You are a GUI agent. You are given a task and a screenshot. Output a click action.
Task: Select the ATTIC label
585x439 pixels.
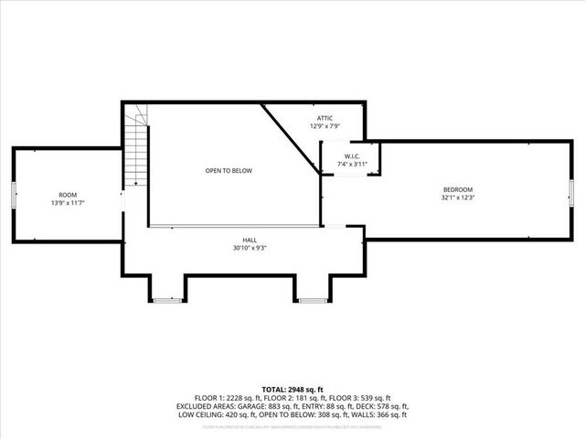(325, 118)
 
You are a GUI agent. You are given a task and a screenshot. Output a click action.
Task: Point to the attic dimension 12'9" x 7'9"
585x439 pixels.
(325, 126)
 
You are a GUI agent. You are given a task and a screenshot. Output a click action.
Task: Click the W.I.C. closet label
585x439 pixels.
(352, 156)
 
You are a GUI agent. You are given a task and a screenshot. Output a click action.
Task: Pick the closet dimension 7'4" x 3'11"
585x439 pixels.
(352, 165)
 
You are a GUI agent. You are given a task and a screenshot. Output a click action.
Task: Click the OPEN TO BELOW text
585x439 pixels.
(229, 171)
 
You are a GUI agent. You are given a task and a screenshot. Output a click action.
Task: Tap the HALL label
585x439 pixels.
(250, 239)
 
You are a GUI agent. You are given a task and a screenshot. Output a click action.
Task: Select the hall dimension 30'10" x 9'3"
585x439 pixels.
(250, 247)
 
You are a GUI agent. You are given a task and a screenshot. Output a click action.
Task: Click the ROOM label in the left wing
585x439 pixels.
(68, 194)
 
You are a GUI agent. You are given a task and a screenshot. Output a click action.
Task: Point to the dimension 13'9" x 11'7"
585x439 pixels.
(68, 202)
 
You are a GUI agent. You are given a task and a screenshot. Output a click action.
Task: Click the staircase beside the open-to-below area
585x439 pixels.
(136, 146)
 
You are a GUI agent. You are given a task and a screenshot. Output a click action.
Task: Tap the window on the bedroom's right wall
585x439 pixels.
(570, 195)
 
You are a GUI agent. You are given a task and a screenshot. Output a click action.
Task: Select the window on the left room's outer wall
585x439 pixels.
(13, 195)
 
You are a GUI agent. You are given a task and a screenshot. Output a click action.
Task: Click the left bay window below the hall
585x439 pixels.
(167, 299)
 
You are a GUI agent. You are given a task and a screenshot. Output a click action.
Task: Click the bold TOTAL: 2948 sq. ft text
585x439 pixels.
(292, 390)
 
